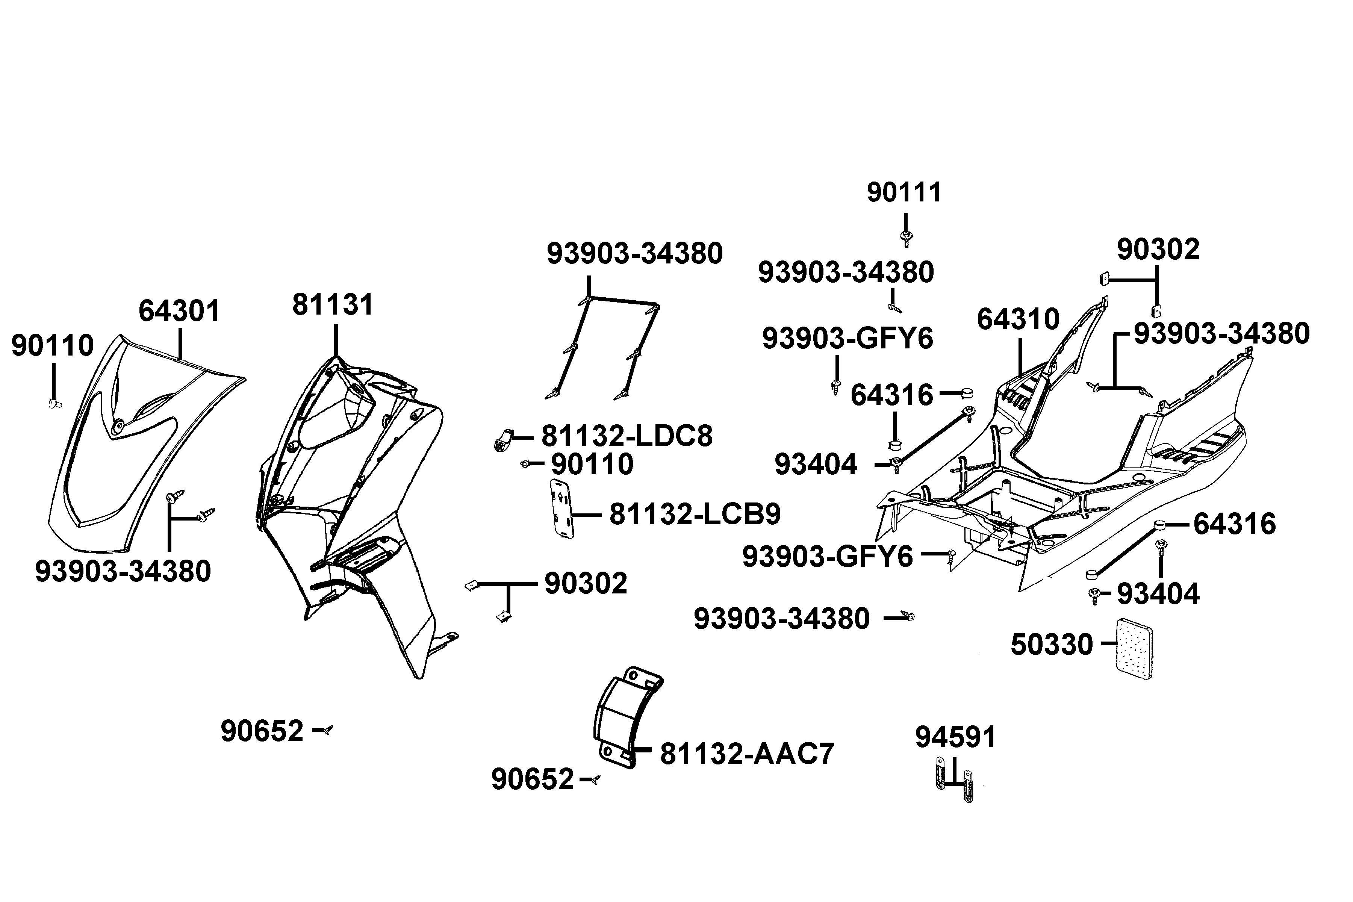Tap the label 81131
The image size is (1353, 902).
(333, 304)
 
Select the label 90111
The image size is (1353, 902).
(904, 193)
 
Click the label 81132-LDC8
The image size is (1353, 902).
(627, 437)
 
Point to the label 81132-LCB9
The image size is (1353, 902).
(695, 514)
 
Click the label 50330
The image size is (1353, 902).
(1052, 645)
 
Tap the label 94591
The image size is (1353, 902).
(955, 737)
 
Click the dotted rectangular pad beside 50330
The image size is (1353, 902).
(1134, 649)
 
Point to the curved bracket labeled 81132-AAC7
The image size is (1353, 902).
(627, 717)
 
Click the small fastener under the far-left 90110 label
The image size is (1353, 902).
(54, 403)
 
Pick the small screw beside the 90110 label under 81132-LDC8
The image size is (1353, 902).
(525, 464)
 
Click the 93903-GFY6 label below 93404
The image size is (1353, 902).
(827, 557)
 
